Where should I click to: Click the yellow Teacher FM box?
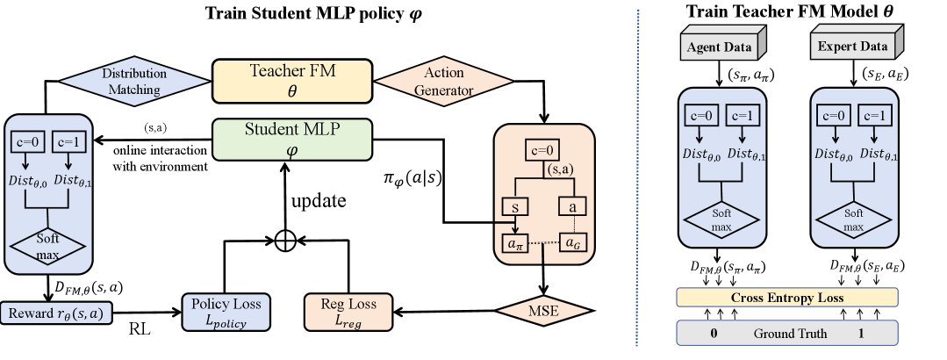[x=292, y=80]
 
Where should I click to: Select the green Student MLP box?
[x=292, y=139]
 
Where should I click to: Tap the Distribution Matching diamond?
[x=134, y=82]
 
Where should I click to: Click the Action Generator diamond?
[x=444, y=81]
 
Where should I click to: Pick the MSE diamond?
[x=544, y=311]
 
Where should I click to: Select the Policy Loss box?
[x=226, y=312]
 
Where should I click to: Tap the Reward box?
[x=56, y=313]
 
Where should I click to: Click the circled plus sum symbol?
[x=284, y=241]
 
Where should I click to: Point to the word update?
[x=319, y=200]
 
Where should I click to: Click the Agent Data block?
[x=723, y=45]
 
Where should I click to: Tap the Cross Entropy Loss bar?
[x=787, y=297]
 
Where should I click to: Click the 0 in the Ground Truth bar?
[x=714, y=334]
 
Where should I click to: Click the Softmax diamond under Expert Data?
[x=853, y=220]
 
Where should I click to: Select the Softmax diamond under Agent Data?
[x=721, y=220]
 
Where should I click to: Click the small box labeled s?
[x=515, y=207]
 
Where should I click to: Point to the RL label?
[x=140, y=329]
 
